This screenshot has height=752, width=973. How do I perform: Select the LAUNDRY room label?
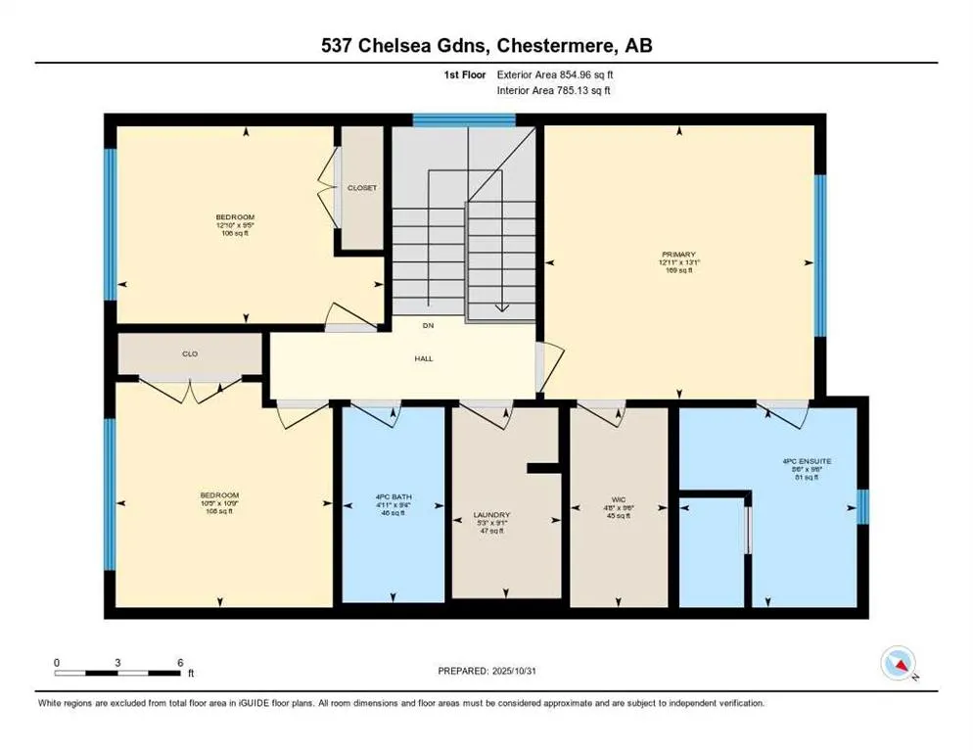click(x=492, y=515)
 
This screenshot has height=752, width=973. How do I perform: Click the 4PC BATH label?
click(x=394, y=497)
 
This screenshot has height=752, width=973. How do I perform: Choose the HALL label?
click(x=424, y=358)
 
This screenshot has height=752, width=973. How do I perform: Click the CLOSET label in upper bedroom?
click(x=362, y=188)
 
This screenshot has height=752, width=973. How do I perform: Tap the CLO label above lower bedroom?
click(x=190, y=353)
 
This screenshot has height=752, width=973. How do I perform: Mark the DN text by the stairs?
click(x=428, y=326)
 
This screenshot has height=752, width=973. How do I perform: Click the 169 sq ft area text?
click(x=676, y=270)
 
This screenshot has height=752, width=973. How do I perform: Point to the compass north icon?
click(x=898, y=664)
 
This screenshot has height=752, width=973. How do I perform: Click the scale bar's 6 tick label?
click(x=179, y=662)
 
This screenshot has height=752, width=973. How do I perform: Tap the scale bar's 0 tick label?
click(x=57, y=662)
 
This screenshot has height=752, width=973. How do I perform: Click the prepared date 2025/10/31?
click(x=486, y=671)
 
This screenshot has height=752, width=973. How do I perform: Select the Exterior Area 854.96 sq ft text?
click(x=555, y=74)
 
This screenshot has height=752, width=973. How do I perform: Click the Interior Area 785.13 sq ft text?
click(x=555, y=90)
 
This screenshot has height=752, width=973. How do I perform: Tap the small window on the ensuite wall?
click(x=862, y=505)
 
